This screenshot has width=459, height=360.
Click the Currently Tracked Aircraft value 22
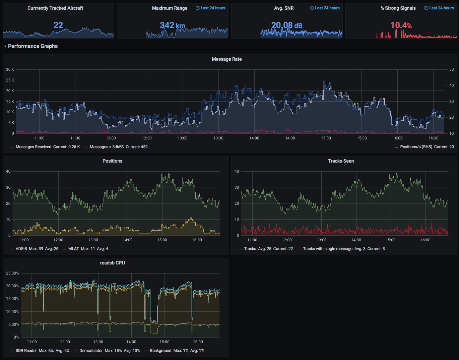pos(58,25)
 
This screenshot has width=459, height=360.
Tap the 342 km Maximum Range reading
pos(172,25)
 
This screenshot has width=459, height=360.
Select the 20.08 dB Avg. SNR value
pos(287,25)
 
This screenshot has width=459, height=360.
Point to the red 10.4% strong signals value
pos(401,25)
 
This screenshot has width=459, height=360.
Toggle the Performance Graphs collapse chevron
pos(5,46)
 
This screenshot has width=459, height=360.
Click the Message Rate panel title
pos(226,59)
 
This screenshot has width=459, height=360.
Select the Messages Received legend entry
pos(34,147)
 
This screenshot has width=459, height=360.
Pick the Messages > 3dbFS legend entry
pos(107,147)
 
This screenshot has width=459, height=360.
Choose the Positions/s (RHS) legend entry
pos(416,147)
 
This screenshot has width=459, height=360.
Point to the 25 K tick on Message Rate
pos(10,80)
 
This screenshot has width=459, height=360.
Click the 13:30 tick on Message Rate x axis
pos(218,138)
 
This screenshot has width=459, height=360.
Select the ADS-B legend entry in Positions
pos(21,249)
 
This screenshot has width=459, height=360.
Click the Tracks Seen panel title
pos(341,161)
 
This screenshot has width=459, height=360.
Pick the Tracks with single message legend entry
pos(328,249)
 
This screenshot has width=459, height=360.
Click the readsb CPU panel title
pos(112,263)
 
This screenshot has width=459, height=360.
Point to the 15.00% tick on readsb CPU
pos(12,299)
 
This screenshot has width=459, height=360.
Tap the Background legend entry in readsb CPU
pos(160,351)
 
